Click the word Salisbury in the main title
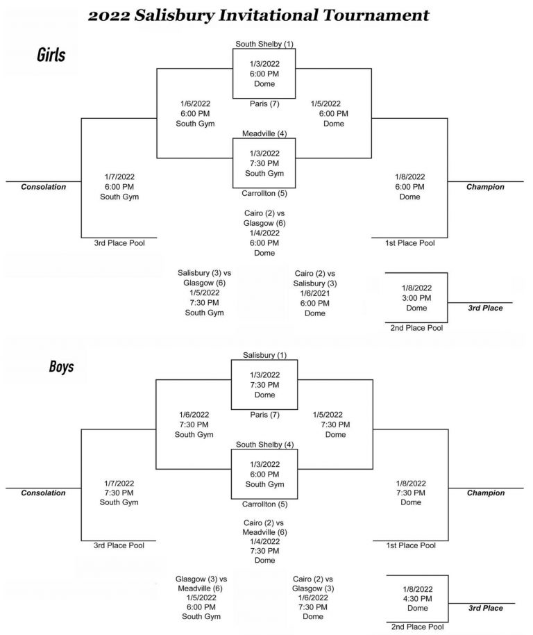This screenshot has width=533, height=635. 174,16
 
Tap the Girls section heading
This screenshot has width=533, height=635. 51,55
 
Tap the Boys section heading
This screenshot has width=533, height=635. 62,367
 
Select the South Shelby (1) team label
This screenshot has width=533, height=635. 264,44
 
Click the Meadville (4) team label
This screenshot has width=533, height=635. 264,133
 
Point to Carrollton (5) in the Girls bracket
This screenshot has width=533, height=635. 264,193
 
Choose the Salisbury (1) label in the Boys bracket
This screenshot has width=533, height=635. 264,355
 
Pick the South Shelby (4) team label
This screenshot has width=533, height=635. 264,444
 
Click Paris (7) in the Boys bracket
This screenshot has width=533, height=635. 264,415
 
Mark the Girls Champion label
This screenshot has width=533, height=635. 485,187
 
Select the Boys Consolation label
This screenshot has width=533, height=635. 43,493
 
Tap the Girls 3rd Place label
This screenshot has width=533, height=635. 485,308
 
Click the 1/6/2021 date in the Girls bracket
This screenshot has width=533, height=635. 314,293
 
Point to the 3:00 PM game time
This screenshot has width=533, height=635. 416,298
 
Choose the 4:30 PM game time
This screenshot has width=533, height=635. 417,599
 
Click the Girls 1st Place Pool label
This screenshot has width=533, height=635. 409,243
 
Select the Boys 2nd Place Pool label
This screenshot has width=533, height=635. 417,627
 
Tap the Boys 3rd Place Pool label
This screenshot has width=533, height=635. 119,545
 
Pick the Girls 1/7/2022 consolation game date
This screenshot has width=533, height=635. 119,177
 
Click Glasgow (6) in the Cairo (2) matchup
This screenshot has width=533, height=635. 264,223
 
